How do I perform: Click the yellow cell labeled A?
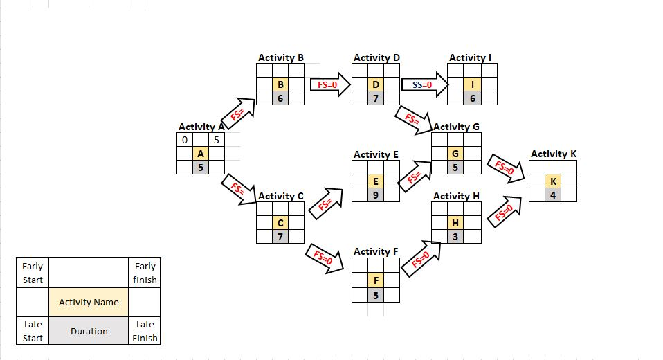[200, 154]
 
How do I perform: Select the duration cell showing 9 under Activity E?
[375, 195]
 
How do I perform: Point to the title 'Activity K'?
[553, 154]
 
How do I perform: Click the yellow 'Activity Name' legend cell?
[89, 302]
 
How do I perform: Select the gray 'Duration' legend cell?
[89, 331]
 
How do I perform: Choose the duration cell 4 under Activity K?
[553, 195]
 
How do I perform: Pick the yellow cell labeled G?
[455, 153]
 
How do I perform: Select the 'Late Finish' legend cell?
[145, 331]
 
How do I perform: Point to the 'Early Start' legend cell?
[33, 273]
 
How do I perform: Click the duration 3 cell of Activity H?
[455, 237]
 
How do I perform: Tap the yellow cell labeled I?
[472, 84]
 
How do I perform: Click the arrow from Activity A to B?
[237, 114]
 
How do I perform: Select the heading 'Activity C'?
[280, 196]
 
